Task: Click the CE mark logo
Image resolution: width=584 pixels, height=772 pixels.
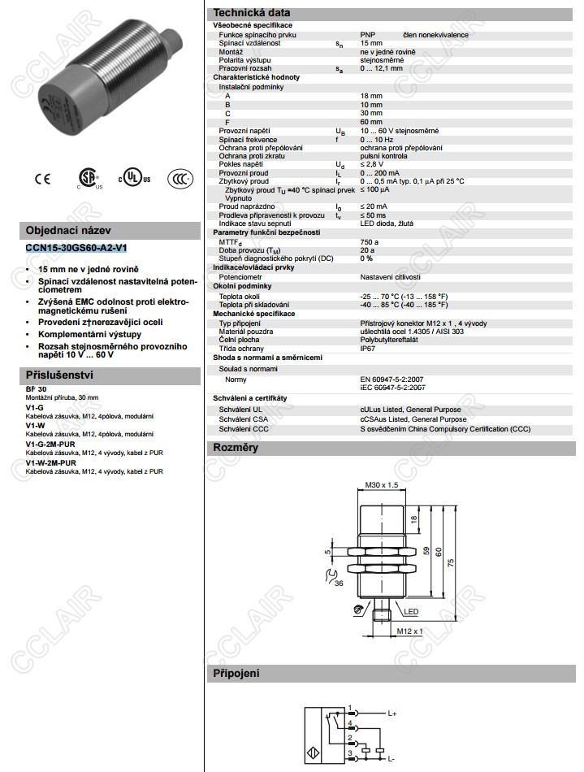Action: coord(41,179)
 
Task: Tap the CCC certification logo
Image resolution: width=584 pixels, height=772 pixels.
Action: coord(180,179)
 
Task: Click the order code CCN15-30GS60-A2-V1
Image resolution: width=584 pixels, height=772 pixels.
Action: coord(76,248)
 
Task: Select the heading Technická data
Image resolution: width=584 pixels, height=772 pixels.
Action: coord(251,13)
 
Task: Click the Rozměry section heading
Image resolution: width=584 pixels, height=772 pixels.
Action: coord(235,448)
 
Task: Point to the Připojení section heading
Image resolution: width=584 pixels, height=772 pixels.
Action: coord(236,674)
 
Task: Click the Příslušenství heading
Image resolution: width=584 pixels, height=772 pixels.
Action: coord(60,375)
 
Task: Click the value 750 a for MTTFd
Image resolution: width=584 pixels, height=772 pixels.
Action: coord(370,241)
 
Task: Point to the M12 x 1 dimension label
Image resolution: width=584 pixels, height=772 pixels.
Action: coord(410,631)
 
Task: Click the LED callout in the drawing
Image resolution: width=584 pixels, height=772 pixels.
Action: coord(412,611)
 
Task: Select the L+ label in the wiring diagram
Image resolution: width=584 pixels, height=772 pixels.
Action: coord(392,713)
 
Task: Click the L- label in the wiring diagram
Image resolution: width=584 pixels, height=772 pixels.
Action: coord(391,758)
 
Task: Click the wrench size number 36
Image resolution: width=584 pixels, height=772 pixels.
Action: coord(338,583)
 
